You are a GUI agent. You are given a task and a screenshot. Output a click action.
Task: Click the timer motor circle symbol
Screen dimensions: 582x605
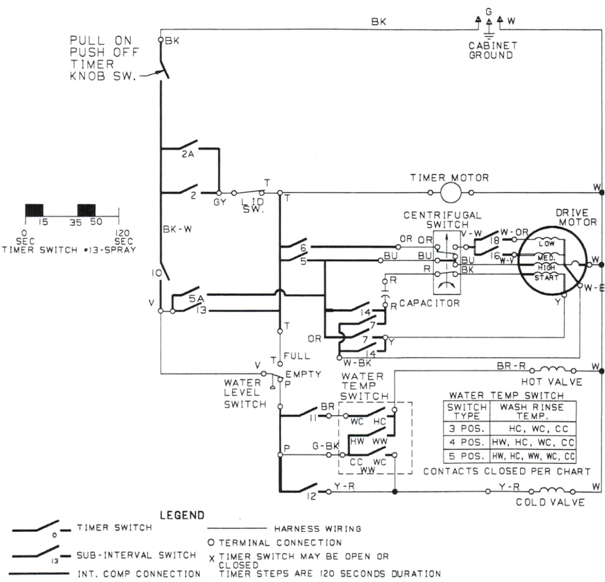450,193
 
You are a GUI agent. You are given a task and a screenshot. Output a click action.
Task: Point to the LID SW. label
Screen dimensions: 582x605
252,205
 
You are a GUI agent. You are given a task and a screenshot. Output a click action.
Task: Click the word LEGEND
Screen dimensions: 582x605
181,515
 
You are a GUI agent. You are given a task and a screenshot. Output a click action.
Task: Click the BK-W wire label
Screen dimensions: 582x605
177,229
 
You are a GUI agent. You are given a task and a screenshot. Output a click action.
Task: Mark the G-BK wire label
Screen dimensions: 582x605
325,446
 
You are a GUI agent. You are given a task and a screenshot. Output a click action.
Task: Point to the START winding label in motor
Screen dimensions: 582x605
546,277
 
